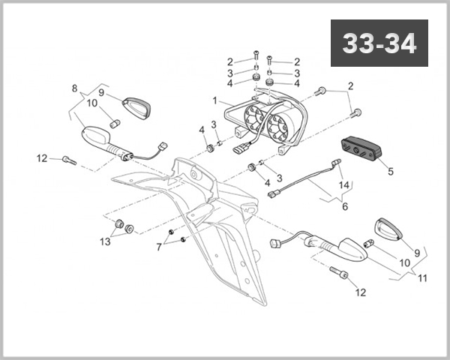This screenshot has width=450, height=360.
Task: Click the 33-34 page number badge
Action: pyautogui.click(x=380, y=43)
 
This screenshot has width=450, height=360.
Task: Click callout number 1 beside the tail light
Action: pyautogui.click(x=215, y=100)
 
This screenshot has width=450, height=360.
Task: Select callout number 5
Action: pyautogui.click(x=390, y=171)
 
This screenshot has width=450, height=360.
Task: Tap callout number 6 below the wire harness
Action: pyautogui.click(x=345, y=205)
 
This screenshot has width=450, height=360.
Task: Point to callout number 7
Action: pyautogui.click(x=158, y=247)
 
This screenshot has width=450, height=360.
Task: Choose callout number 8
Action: pyautogui.click(x=74, y=88)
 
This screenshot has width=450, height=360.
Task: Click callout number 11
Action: pyautogui.click(x=422, y=278)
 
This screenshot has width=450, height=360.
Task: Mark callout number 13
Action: pyautogui.click(x=105, y=241)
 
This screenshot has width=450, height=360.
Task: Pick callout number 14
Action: pyautogui.click(x=344, y=184)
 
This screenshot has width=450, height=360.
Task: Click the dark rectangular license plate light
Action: pyautogui.click(x=361, y=148)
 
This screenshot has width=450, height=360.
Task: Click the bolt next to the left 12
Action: pyautogui.click(x=69, y=159)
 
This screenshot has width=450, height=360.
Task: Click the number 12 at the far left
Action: pyautogui.click(x=42, y=158)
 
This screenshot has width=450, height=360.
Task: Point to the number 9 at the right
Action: pyautogui.click(x=417, y=243)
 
